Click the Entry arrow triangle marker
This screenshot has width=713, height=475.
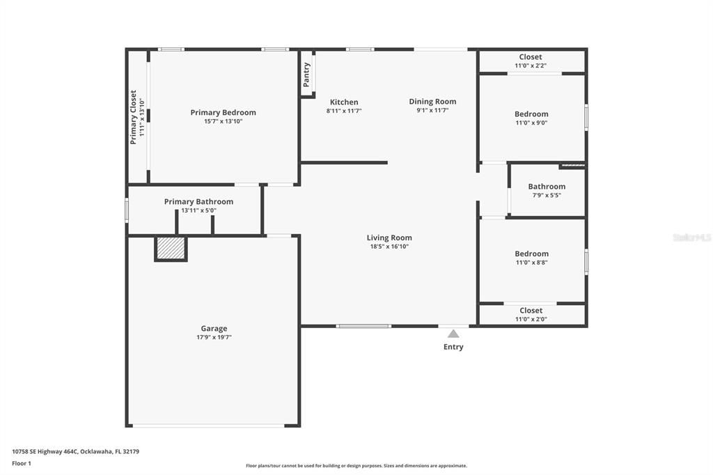pyautogui.click(x=453, y=334)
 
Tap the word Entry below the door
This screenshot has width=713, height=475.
pyautogui.click(x=453, y=347)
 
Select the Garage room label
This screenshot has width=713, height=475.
pyautogui.click(x=214, y=329)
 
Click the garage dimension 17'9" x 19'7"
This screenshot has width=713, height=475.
pyautogui.click(x=214, y=338)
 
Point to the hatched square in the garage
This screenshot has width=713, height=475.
pyautogui.click(x=171, y=248)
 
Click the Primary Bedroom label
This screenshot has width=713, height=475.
pyautogui.click(x=223, y=112)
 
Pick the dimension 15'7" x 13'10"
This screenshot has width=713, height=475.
pyautogui.click(x=223, y=121)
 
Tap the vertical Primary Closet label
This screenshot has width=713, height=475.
pyautogui.click(x=133, y=117)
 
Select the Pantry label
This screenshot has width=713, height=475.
pyautogui.click(x=306, y=75)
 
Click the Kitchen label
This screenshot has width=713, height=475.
pyautogui.click(x=344, y=102)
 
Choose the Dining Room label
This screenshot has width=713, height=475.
pyautogui.click(x=432, y=101)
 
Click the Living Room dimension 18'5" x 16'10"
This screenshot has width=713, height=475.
pyautogui.click(x=389, y=247)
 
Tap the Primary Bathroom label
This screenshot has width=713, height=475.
pyautogui.click(x=198, y=201)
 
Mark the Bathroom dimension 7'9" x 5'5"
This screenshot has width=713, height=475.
pyautogui.click(x=547, y=196)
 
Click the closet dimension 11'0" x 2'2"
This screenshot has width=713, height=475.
pyautogui.click(x=531, y=66)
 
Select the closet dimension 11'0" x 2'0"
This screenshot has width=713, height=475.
pyautogui.click(x=531, y=320)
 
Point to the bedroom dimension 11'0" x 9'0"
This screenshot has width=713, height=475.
pyautogui.click(x=531, y=123)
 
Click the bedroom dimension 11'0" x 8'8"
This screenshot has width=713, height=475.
pyautogui.click(x=531, y=263)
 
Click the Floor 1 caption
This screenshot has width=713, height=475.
pyautogui.click(x=22, y=463)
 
